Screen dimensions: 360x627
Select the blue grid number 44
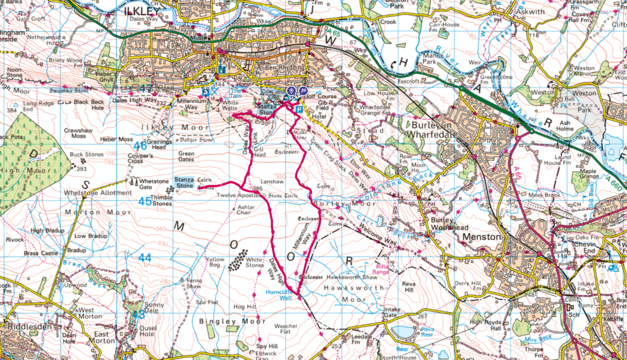tap(144, 258)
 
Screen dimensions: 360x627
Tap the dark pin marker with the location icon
tap(291, 91)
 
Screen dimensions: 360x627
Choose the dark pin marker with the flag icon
tap(302, 91)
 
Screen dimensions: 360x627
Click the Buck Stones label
tap(87, 155)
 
